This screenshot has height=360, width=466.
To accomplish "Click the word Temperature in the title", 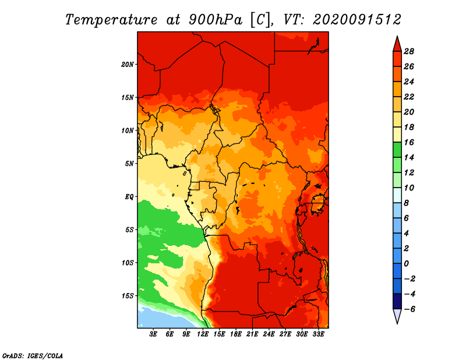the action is [x=111, y=20].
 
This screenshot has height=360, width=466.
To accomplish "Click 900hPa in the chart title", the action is [x=216, y=20].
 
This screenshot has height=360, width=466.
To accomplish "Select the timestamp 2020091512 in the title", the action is [x=357, y=19].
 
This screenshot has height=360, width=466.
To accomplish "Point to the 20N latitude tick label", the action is [x=127, y=65].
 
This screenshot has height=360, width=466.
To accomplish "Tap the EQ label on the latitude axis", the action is [x=129, y=197].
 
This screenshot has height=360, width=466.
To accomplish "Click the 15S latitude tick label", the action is [x=127, y=296].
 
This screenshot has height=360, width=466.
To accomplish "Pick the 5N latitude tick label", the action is [x=129, y=164].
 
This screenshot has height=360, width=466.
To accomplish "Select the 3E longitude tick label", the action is [x=153, y=334].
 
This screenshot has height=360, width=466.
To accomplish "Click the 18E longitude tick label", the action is [x=236, y=334].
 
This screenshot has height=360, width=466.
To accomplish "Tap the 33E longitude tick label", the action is [x=318, y=334].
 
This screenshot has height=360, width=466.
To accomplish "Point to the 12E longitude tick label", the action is [x=203, y=334].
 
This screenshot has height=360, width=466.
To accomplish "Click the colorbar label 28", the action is [x=409, y=51].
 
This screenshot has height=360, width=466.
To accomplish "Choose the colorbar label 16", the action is [x=409, y=142].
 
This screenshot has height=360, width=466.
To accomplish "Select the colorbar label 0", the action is [x=406, y=264].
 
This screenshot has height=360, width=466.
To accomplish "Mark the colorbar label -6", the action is [x=409, y=309].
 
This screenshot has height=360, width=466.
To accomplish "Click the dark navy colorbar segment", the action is [x=397, y=301].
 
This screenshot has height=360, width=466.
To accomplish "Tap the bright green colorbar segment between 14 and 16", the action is [x=397, y=150].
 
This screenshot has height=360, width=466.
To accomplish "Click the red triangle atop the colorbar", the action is [x=397, y=44].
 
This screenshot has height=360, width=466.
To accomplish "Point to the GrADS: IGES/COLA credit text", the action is [x=33, y=356].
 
